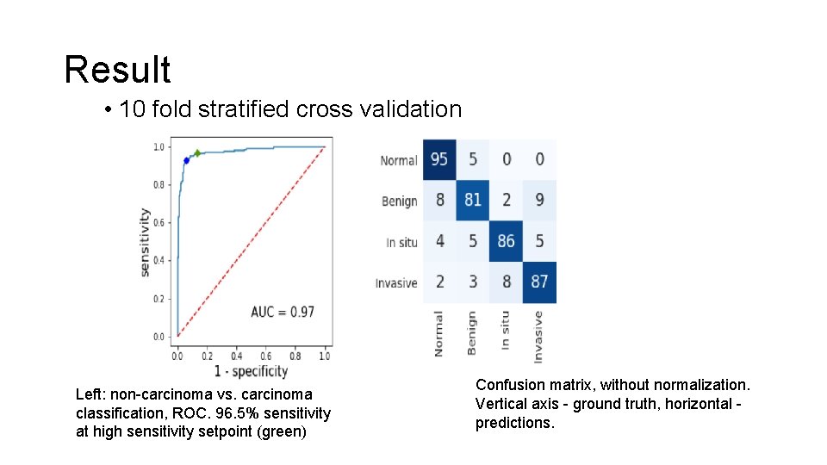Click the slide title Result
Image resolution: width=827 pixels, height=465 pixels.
pyautogui.click(x=117, y=70)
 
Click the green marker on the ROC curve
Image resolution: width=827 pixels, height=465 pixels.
pyautogui.click(x=197, y=153)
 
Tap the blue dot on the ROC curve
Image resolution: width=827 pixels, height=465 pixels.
pyautogui.click(x=186, y=160)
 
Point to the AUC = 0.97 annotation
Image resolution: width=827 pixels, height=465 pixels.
pyautogui.click(x=283, y=312)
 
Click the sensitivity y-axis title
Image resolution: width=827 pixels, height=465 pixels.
pyautogui.click(x=144, y=242)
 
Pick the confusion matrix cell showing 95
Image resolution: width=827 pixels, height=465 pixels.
pyautogui.click(x=439, y=159)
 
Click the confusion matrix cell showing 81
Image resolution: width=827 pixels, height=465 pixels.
pyautogui.click(x=472, y=200)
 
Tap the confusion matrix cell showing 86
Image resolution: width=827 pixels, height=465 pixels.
pyautogui.click(x=506, y=241)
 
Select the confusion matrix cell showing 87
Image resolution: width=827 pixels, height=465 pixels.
pyautogui.click(x=539, y=282)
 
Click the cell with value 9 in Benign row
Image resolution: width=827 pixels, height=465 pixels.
pyautogui.click(x=539, y=200)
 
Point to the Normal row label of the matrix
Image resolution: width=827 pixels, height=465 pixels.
pyautogui.click(x=398, y=160)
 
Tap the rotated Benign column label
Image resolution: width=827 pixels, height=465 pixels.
pyautogui.click(x=472, y=333)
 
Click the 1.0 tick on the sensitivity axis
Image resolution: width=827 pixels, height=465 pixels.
pyautogui.click(x=159, y=147)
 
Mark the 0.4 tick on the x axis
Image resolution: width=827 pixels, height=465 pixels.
pyautogui.click(x=236, y=356)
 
